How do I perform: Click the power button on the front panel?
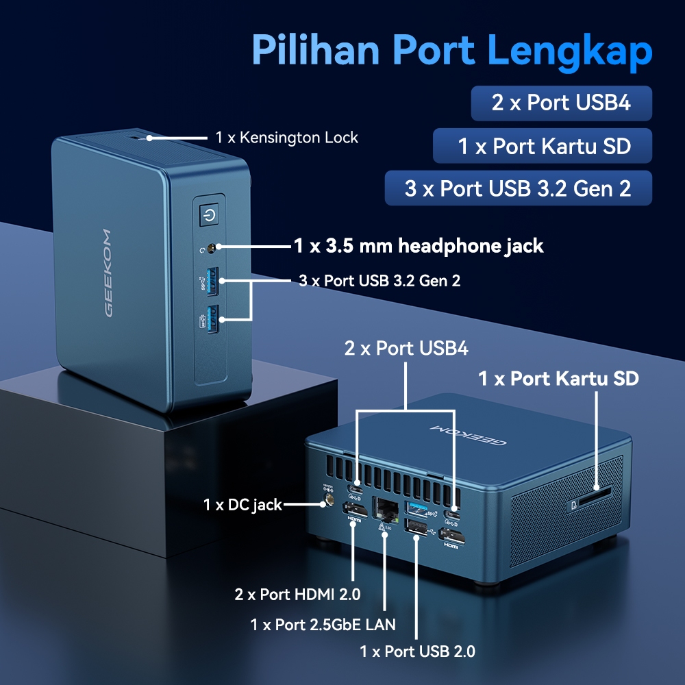pos(208,217)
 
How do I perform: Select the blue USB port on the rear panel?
pos(416,507)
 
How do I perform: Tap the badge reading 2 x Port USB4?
pos(561,103)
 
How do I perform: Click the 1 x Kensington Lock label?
pos(287,138)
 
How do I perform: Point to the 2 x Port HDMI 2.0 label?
pos(297,594)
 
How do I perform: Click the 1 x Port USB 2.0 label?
pos(417,651)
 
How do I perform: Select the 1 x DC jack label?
pos(242,505)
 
